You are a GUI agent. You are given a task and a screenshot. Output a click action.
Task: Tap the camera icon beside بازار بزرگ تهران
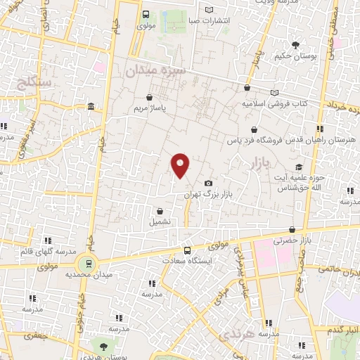point(208,184)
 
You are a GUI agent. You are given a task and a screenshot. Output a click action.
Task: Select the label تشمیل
point(160,221)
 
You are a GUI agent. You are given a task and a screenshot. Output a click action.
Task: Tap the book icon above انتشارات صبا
point(208,9)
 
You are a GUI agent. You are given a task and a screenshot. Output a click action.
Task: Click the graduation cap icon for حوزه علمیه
point(300,167)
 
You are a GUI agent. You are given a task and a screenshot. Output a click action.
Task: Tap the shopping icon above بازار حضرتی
point(292,229)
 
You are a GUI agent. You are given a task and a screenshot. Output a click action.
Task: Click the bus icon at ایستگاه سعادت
point(187,251)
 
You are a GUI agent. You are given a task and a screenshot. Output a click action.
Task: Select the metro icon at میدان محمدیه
point(88,263)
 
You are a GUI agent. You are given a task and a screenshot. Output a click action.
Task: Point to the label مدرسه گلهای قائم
point(28,252)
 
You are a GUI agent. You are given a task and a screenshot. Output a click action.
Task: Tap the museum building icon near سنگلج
point(91,106)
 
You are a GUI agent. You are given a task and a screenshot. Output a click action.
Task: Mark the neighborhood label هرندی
point(236,337)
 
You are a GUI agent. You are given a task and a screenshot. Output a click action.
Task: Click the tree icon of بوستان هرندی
point(104,347)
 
